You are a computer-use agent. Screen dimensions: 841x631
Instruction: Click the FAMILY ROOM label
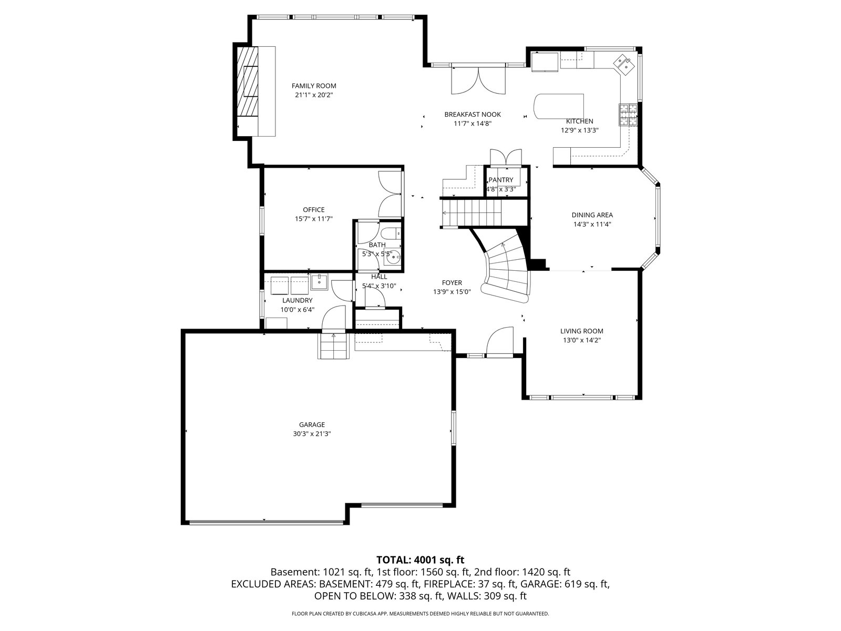tap(314, 86)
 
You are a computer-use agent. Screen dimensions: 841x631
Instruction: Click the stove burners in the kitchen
tap(628, 115)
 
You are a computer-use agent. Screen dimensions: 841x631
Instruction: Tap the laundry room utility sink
tap(319, 282)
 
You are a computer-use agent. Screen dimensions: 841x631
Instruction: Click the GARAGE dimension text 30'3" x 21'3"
tap(312, 434)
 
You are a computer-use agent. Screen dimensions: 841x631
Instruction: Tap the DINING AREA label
tap(592, 215)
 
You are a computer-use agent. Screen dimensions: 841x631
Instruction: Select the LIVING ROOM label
tap(582, 331)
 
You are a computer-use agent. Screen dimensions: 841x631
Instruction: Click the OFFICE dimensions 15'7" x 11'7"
tap(314, 219)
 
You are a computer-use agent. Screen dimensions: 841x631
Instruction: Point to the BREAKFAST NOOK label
tap(473, 114)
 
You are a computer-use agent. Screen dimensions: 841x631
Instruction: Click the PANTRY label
tap(501, 180)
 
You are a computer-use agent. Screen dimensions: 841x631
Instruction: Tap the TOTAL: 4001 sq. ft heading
tap(420, 560)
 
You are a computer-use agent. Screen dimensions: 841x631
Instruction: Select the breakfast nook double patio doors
tap(478, 80)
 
